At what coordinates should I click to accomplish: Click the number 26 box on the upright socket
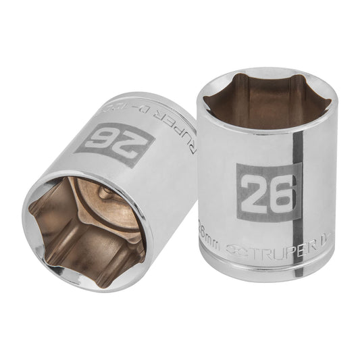coord(267,191)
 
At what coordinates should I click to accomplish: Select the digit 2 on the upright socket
coord(254,192)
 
